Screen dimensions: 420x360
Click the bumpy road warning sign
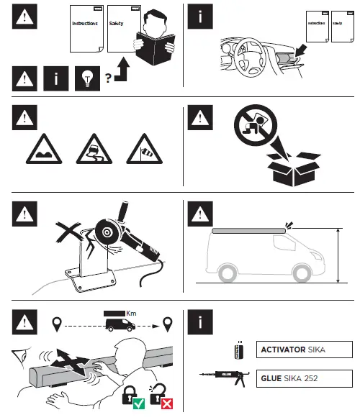pyautogui.click(x=44, y=147)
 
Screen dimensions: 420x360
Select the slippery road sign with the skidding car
pyautogui.click(x=94, y=147)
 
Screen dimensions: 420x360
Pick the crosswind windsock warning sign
pyautogui.click(x=142, y=147)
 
